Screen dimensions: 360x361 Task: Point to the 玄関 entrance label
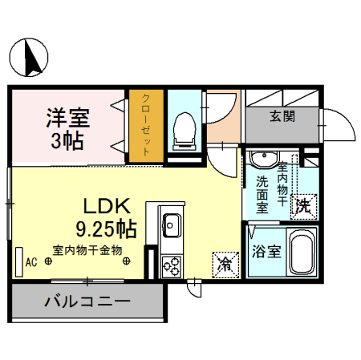pyautogui.click(x=282, y=116)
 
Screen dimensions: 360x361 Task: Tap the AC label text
pyautogui.click(x=32, y=261)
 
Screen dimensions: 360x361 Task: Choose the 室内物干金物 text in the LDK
pyautogui.click(x=87, y=249)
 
